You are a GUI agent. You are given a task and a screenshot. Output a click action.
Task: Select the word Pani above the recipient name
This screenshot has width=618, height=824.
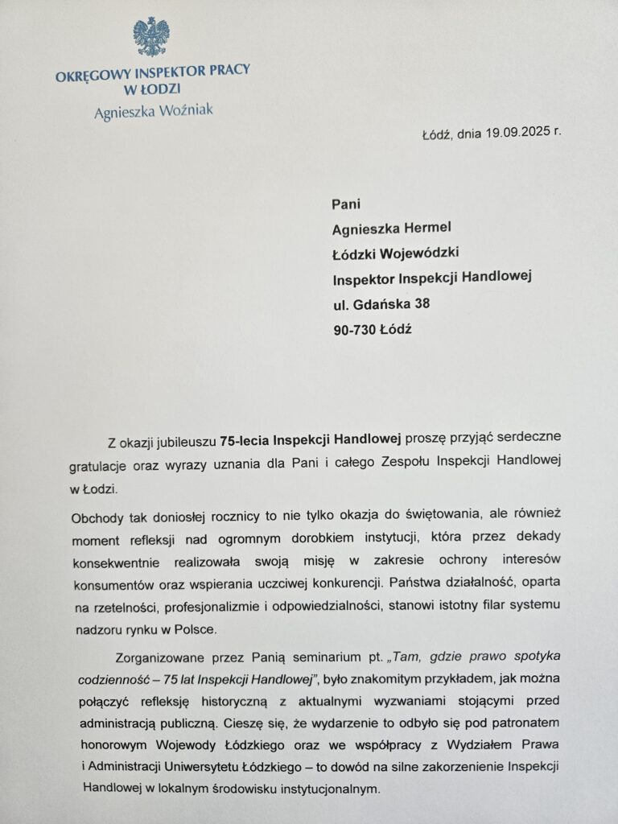(x=346, y=204)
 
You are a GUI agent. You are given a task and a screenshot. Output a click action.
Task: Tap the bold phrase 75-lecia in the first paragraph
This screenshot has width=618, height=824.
(x=245, y=439)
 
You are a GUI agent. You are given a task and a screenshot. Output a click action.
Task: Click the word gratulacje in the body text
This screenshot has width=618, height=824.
(x=104, y=463)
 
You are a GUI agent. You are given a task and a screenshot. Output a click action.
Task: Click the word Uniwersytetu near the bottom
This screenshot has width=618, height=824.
(x=233, y=765)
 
